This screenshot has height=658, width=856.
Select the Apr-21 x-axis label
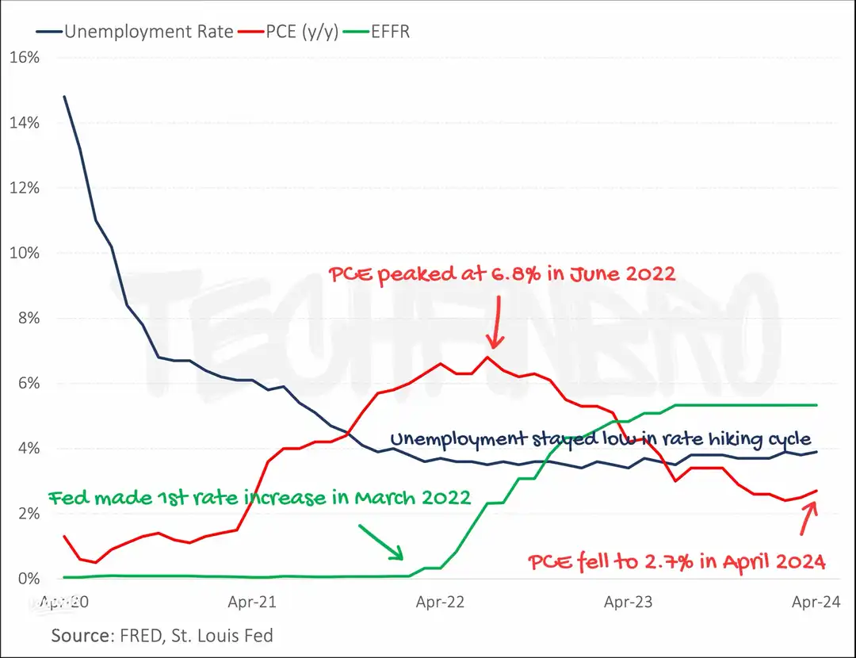pyautogui.click(x=251, y=603)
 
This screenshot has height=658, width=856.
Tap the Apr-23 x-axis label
pyautogui.click(x=628, y=603)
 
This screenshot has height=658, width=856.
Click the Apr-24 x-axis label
pyautogui.click(x=816, y=603)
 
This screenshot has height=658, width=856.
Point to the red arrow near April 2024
pyautogui.click(x=809, y=519)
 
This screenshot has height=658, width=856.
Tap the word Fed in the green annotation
pyautogui.click(x=67, y=499)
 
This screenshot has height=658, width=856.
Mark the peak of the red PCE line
pyautogui.click(x=487, y=357)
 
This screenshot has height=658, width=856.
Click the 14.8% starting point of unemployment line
pyautogui.click(x=64, y=97)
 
